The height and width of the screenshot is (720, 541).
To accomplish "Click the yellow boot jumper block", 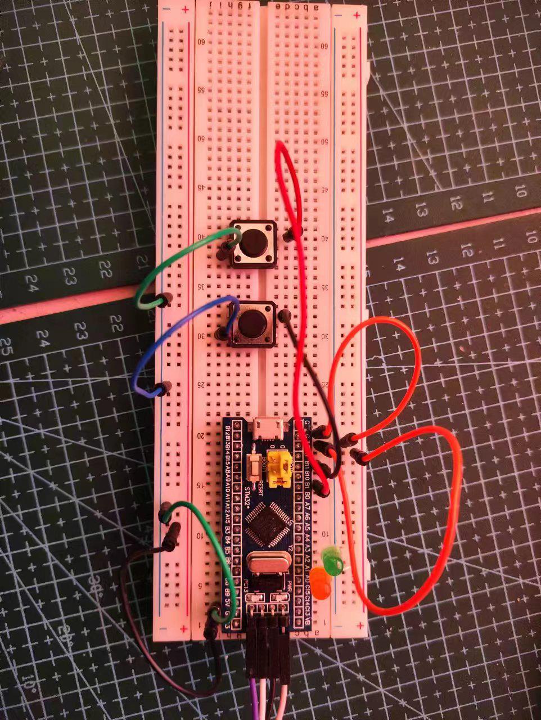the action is pos(278,467).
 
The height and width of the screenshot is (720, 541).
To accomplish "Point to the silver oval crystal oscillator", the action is pos(267,562).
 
